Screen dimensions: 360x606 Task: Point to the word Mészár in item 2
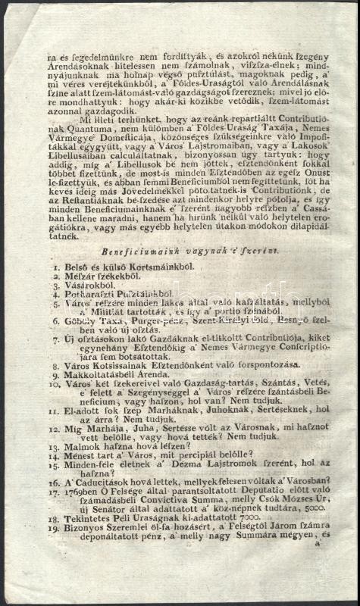click(78, 278)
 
